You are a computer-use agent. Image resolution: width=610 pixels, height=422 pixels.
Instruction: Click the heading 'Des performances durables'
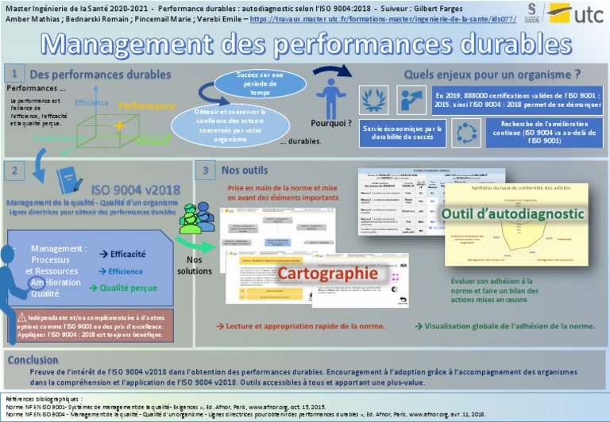tap(100, 75)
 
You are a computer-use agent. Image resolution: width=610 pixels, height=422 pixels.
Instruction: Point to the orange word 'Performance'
tap(147, 105)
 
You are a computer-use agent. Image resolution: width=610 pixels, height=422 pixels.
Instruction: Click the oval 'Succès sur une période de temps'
tap(259, 83)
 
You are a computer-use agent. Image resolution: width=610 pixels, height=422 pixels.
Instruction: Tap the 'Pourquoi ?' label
tap(331, 123)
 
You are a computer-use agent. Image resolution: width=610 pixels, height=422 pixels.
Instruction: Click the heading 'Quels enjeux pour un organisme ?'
tap(492, 75)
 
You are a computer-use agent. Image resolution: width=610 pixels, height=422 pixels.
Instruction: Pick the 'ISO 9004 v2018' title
tap(135, 190)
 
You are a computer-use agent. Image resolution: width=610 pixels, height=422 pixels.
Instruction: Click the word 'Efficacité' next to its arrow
tap(127, 254)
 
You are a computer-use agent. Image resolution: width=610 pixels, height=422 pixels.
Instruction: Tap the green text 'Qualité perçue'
tap(128, 288)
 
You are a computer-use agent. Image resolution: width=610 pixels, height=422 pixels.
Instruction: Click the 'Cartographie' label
tap(326, 273)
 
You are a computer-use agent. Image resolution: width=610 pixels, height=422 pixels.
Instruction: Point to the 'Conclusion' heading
tap(33, 359)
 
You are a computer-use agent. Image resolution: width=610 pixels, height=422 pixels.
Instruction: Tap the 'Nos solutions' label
tap(195, 265)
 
